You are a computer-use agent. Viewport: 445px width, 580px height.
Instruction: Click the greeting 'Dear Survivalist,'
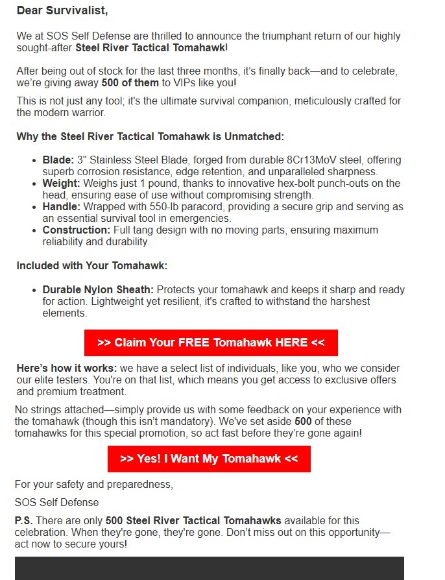point(62,10)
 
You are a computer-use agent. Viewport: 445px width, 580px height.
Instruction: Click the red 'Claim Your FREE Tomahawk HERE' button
point(211,343)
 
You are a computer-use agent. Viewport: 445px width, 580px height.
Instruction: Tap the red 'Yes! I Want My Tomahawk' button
point(209,459)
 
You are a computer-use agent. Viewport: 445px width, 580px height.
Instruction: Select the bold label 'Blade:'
point(58,160)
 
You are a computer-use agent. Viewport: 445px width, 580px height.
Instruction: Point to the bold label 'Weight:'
point(62,184)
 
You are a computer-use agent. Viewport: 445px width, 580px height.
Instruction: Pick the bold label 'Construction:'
point(77,230)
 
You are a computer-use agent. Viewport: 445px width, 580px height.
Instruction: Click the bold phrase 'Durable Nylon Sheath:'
point(98,289)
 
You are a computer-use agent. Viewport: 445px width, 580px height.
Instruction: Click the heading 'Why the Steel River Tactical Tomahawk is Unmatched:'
point(150,136)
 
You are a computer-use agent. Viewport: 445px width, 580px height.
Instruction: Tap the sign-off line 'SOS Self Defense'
point(57,502)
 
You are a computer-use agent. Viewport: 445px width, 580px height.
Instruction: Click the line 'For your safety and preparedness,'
point(94,484)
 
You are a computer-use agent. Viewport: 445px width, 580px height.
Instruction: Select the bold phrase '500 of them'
point(128,83)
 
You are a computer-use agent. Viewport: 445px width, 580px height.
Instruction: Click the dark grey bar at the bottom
point(209,568)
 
